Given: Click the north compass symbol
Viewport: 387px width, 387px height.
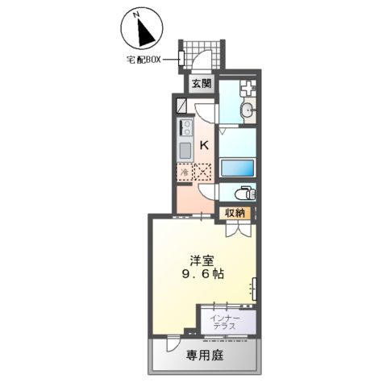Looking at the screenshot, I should pyautogui.click(x=139, y=29).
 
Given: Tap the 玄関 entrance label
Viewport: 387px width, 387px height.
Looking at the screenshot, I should pyautogui.click(x=201, y=83).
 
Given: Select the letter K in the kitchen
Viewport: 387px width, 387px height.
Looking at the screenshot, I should pyautogui.click(x=203, y=146).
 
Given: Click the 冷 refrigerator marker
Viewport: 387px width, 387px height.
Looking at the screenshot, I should pyautogui.click(x=184, y=172).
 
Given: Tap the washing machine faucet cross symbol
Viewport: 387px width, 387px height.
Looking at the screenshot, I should pyautogui.click(x=248, y=88).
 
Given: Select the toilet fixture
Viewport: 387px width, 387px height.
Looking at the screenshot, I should pyautogui.click(x=243, y=193).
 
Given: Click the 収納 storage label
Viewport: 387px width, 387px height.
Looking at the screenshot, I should pyautogui.click(x=235, y=213).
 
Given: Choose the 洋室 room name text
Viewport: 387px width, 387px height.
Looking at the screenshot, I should pyautogui.click(x=202, y=260).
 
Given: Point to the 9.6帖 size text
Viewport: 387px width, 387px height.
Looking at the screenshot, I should pyautogui.click(x=202, y=274).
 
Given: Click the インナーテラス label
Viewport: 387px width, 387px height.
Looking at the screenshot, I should pyautogui.click(x=223, y=322).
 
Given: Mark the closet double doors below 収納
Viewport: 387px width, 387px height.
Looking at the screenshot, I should pyautogui.click(x=236, y=228).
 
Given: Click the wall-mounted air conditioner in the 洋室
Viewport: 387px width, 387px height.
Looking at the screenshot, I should pyautogui.click(x=255, y=288).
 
